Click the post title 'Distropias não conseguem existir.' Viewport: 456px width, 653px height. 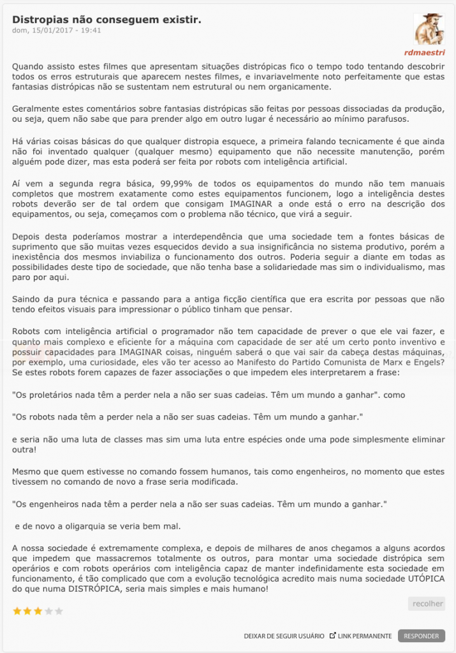(x=107, y=20)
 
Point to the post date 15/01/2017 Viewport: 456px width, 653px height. (x=64, y=30)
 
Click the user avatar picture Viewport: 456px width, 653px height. (x=429, y=29)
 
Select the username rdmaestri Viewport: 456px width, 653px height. (x=425, y=52)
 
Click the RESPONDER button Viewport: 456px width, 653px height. (x=421, y=636)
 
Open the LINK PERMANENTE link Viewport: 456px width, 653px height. (x=364, y=636)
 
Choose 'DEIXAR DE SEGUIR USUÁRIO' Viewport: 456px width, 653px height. (x=283, y=636)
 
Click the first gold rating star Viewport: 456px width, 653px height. (x=17, y=610)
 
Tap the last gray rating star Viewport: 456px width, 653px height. (x=59, y=610)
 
